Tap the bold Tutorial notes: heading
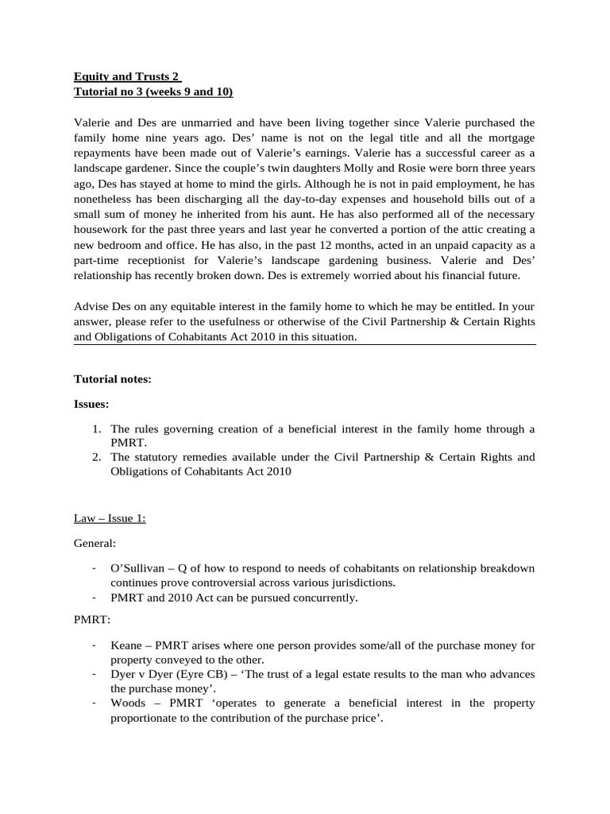click(112, 380)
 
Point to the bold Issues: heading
click(91, 405)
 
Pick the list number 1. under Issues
click(96, 429)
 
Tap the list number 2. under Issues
click(96, 457)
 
